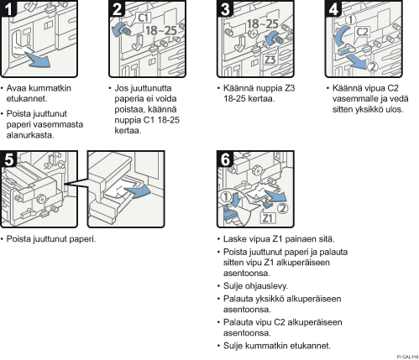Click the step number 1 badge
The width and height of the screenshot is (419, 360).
coord(8,8)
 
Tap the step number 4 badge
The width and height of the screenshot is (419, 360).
coord(333,8)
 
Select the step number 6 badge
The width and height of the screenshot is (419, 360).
coord(225,159)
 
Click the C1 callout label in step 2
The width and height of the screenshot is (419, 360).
coord(144,18)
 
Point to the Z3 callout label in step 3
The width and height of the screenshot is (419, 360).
coord(270,60)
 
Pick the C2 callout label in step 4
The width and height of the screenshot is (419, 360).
coord(363,32)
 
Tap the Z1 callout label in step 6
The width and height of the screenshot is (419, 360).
coord(268,217)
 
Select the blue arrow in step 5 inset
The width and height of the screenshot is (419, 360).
coord(138,190)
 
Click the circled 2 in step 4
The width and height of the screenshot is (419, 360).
coord(372,67)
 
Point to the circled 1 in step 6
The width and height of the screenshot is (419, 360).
coord(226,196)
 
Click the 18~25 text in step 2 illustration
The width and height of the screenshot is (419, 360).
coord(161,30)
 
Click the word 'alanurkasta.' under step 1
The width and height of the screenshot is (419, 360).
coord(30,135)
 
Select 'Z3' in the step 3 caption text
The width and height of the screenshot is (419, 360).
coord(290,88)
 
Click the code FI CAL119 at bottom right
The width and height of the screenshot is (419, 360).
coord(407,357)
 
